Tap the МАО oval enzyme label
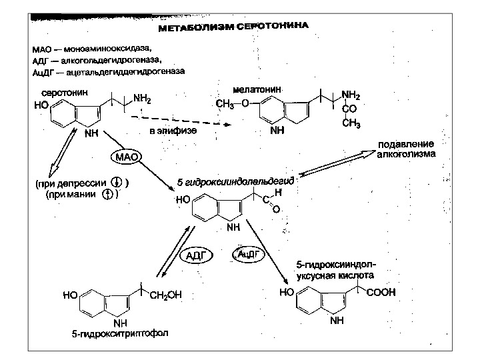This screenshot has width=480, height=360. tap(127, 157)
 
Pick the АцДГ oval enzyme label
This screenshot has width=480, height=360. tap(248, 254)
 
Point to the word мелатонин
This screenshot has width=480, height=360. tap(257, 89)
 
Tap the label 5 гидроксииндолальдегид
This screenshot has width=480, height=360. tap(235, 181)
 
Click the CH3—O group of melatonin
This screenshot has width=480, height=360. tap(233, 103)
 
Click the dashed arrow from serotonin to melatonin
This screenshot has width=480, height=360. tap(180, 121)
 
